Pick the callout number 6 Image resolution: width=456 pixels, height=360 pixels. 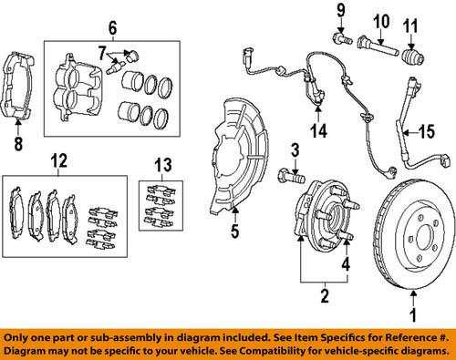[113, 26]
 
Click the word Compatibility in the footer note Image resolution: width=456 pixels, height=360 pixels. [303, 349]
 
